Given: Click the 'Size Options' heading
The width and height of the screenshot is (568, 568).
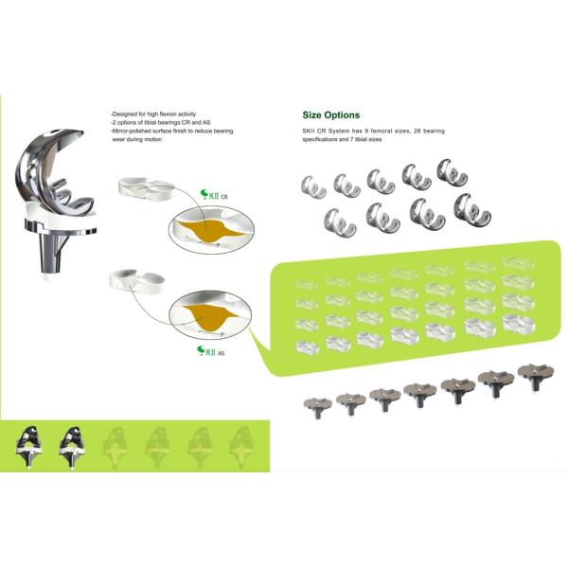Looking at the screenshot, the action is [x=331, y=115].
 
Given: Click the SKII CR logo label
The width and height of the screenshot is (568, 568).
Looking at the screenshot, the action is [x=214, y=195].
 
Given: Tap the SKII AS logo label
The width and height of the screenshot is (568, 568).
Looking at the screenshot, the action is [x=210, y=351].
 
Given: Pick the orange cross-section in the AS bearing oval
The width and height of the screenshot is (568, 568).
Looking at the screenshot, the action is [x=207, y=316].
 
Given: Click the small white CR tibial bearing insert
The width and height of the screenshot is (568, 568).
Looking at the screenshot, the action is [x=146, y=187].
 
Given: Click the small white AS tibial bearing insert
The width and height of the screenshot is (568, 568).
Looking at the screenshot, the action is [x=137, y=281].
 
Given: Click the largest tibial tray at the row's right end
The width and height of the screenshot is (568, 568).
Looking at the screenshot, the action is [x=536, y=377].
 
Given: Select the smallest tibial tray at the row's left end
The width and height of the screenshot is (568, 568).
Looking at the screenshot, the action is [x=317, y=407].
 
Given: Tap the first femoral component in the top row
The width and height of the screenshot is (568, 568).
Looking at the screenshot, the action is [x=313, y=186].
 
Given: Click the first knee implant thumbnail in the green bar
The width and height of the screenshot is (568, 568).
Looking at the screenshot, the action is [x=29, y=447].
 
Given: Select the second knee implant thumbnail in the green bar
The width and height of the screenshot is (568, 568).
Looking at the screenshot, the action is [x=72, y=447].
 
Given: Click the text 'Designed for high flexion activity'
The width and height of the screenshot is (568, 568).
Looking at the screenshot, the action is [x=153, y=114].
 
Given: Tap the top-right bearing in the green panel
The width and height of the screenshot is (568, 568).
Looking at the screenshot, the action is [x=519, y=263].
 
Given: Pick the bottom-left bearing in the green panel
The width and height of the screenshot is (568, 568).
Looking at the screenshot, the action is [x=308, y=346].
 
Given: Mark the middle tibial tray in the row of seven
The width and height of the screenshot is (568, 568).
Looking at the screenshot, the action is [x=419, y=394].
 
